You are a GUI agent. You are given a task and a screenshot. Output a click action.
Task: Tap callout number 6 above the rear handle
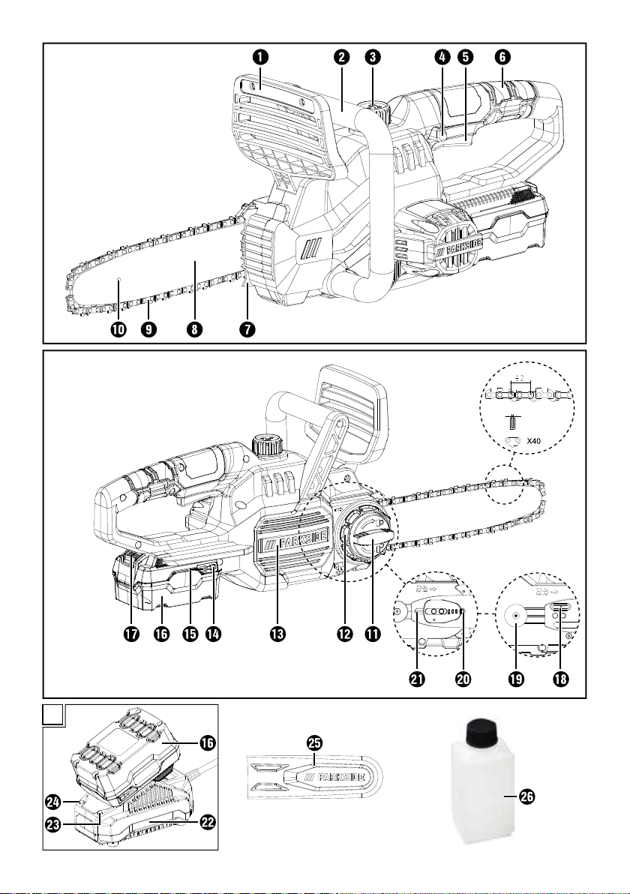pos(502,56)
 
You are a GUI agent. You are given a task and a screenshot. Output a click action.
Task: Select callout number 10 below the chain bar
pos(118,329)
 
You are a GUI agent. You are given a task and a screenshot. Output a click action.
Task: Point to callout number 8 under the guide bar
pos(193,329)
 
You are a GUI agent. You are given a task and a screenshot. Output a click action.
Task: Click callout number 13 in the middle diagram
pos(277,634)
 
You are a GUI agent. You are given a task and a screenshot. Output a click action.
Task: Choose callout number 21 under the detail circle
pos(417,679)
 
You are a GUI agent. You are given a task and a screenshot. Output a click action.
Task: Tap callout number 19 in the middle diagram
pos(516,679)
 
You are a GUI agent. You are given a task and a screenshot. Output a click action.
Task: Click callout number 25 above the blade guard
pos(314,742)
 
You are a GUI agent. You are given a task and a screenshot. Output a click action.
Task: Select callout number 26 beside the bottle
pos(526,796)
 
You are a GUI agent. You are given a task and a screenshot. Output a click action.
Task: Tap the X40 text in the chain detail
pos(534,441)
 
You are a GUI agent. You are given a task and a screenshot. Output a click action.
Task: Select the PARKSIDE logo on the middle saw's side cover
pos(293,543)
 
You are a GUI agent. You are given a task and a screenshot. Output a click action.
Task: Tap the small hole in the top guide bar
pos(118,279)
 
